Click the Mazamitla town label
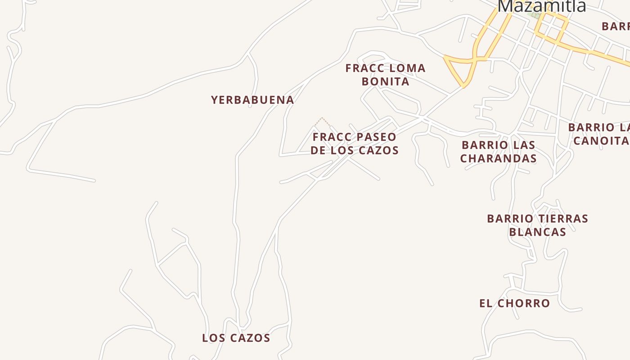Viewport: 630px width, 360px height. pos(542,6)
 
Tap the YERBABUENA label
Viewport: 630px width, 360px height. pos(252,100)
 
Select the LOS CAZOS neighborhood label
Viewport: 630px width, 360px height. pos(236,338)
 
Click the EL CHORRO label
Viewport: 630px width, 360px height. pos(514,303)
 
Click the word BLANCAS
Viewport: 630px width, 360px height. pos(537,232)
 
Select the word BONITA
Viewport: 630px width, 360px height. pos(385,81)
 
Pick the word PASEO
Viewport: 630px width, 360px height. pos(377,137)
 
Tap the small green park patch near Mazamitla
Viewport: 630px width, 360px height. pos(534,14)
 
